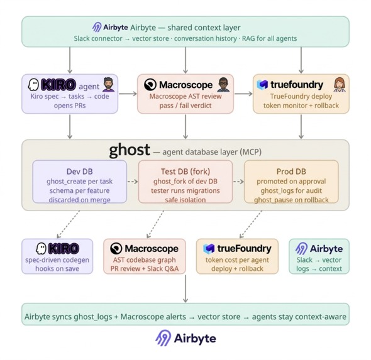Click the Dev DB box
coord(79,182)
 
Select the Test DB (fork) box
coord(185,182)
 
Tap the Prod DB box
coord(291,182)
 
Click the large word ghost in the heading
coord(130,150)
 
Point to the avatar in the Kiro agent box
coord(108,85)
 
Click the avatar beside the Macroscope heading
coord(223,85)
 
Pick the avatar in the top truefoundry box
coord(340,85)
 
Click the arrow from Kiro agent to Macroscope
coord(128,94)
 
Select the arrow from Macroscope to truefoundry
coord(243,94)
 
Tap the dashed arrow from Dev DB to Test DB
coord(132,182)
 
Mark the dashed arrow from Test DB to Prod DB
coord(238,182)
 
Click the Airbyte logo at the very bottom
coord(185,339)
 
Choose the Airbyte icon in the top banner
coord(97,28)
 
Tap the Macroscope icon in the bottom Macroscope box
coord(116,249)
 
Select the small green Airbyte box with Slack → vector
coord(319,256)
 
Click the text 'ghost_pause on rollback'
coord(291,200)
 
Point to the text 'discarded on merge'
coord(79,200)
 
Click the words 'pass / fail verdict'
coord(185,106)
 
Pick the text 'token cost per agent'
coord(238,260)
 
